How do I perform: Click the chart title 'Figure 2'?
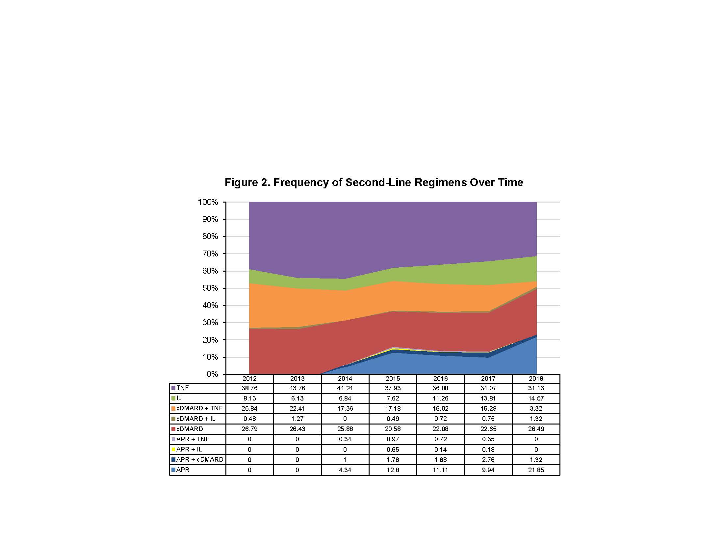(x=374, y=182)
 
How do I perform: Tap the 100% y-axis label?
(x=208, y=202)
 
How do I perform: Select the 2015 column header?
(x=393, y=378)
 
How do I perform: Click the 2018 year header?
(x=536, y=378)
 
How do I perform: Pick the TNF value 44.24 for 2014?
(x=345, y=388)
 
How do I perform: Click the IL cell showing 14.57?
(x=536, y=399)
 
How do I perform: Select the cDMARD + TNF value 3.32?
(x=536, y=409)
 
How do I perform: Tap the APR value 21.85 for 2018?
(x=536, y=470)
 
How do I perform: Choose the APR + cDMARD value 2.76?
(x=488, y=460)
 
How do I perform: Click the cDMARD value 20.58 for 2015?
(x=393, y=429)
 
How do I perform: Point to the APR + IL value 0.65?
(x=393, y=450)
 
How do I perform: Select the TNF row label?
(x=182, y=388)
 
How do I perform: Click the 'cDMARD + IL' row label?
(x=195, y=419)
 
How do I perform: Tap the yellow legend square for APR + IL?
(x=173, y=450)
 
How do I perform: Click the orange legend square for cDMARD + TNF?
(x=173, y=409)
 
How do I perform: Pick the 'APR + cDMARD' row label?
(x=199, y=459)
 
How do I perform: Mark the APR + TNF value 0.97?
(x=393, y=439)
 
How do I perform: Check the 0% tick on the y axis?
(x=212, y=374)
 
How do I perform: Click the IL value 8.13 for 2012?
(x=249, y=399)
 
